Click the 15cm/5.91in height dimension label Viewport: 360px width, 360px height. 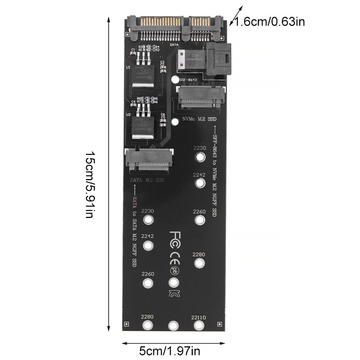90,184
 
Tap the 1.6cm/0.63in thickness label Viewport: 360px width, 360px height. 270,22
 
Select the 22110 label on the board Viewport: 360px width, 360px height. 199,317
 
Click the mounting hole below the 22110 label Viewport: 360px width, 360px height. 198,325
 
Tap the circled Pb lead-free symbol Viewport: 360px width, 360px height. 173,270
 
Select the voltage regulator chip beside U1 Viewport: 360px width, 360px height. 143,73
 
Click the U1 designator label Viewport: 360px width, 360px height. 128,67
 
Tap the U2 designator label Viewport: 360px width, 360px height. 128,115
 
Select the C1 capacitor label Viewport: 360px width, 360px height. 133,50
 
